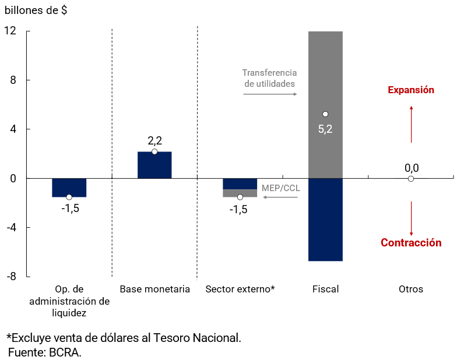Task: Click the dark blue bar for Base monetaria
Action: [154, 165]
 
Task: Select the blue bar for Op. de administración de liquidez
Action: [69, 187]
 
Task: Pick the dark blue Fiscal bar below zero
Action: [325, 220]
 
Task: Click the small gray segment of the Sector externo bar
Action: [240, 193]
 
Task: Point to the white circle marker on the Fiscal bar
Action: [325, 114]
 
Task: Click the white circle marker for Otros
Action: [411, 179]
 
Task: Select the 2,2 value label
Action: [154, 140]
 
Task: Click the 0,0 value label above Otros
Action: [412, 168]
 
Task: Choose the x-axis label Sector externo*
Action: [240, 289]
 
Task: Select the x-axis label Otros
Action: [411, 289]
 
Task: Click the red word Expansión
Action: [411, 90]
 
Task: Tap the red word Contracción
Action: [411, 243]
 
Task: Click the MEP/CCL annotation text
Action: [280, 188]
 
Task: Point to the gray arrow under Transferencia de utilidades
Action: [270, 94]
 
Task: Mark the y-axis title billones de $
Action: [40, 10]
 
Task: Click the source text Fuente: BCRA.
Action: [45, 352]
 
